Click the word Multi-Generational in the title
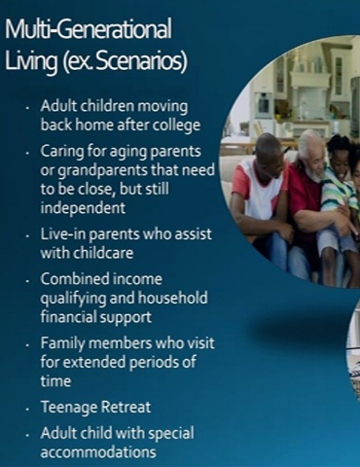[89, 29]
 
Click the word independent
[83, 207]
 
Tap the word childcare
[104, 253]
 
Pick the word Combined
[69, 279]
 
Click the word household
[173, 298]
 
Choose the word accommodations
[98, 452]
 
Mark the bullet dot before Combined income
[28, 281]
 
